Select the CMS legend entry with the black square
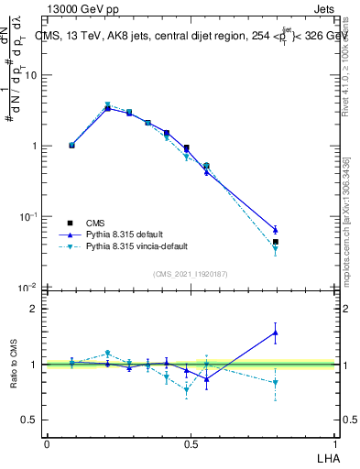70,223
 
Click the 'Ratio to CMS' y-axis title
16,365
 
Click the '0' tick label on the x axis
47,443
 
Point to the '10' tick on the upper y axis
30,75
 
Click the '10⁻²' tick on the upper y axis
28,288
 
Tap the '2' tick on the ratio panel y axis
34,310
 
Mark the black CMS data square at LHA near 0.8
275,242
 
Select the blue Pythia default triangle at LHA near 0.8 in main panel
275,229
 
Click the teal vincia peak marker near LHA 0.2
107,105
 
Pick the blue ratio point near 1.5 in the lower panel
275,333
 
